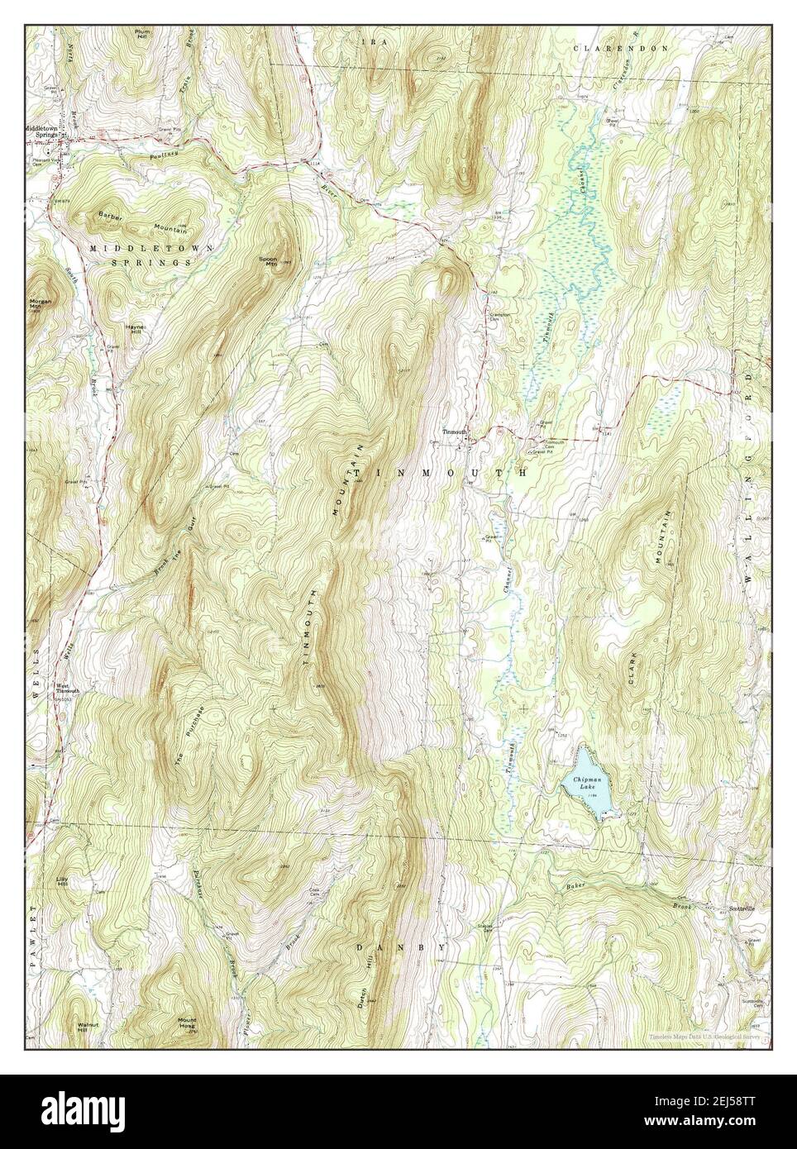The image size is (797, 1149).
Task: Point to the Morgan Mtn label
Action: click(41, 303)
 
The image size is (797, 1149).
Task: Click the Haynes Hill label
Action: click(136, 328)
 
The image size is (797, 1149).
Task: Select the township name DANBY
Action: click(402, 946)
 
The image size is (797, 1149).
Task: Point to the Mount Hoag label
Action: click(187, 1023)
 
